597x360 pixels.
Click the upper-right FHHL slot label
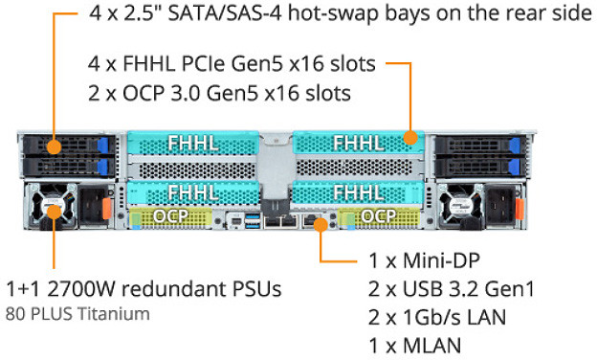(x=358, y=144)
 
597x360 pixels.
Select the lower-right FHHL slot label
(x=358, y=191)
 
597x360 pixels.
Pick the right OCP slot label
(x=379, y=215)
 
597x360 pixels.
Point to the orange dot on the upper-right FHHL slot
(x=410, y=138)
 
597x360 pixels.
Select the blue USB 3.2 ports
(x=253, y=223)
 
